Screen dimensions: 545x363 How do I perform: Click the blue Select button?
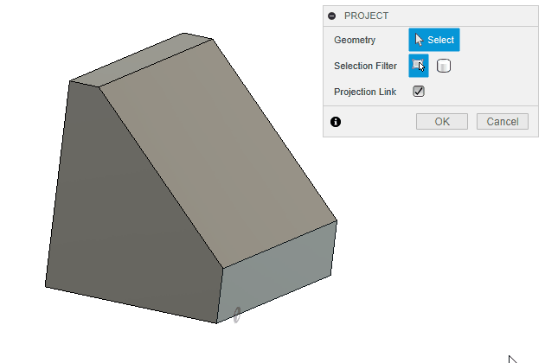[x=434, y=40]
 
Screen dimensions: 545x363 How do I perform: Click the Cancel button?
[x=503, y=122]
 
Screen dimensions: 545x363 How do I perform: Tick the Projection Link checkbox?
[x=419, y=92]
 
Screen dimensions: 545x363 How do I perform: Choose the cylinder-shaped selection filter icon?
[x=444, y=66]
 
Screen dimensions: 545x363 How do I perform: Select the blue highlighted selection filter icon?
[x=419, y=66]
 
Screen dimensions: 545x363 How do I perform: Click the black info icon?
[x=336, y=122]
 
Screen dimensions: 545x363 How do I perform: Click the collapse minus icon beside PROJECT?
[x=332, y=16]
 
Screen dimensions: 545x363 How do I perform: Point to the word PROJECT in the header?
[x=366, y=16]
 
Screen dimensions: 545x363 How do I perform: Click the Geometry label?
[x=355, y=40]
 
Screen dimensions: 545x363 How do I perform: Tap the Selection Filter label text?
[x=365, y=66]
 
